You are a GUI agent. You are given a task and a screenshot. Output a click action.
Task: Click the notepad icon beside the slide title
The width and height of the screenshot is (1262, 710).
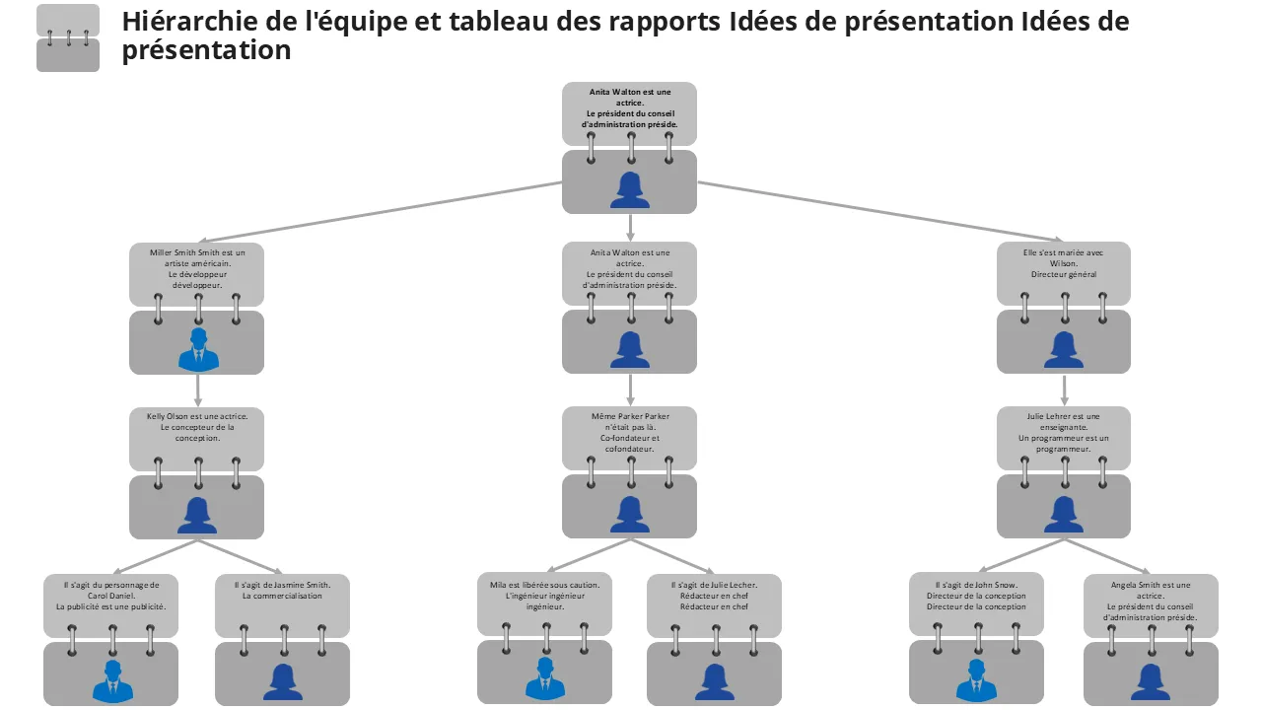68,38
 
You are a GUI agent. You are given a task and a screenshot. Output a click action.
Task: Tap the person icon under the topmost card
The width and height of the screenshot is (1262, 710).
629,189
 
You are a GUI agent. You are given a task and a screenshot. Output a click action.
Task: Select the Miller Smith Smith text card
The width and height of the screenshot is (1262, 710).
197,269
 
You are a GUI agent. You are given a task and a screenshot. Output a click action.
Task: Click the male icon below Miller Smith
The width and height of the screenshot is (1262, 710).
197,349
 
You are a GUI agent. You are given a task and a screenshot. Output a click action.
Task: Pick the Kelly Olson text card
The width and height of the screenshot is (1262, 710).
197,432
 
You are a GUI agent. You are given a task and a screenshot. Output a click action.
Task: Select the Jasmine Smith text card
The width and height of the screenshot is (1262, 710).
282,598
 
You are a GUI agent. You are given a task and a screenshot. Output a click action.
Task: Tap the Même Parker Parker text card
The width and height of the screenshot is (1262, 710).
629,433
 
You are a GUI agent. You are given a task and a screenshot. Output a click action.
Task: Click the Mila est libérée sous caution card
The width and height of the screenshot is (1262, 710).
544,598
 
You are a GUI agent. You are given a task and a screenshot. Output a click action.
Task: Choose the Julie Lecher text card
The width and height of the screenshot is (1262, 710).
714,598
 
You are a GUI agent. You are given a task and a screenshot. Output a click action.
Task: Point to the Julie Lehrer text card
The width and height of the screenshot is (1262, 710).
1063,433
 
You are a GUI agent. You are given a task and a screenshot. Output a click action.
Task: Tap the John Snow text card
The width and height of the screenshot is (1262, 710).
976,598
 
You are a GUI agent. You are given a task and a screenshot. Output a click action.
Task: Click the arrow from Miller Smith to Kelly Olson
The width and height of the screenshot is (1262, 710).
198,390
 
